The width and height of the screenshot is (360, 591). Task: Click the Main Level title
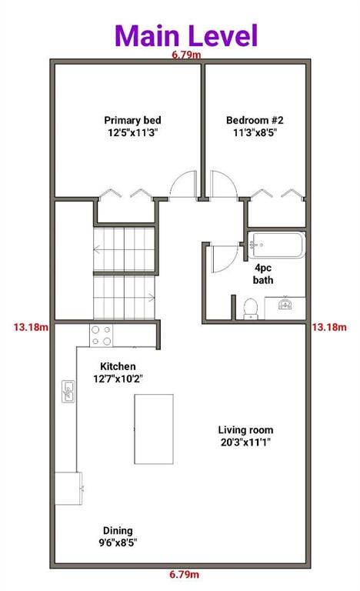pyautogui.click(x=186, y=35)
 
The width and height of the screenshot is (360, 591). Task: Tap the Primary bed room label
pyautogui.click(x=132, y=126)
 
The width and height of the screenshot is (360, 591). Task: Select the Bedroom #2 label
pyautogui.click(x=255, y=126)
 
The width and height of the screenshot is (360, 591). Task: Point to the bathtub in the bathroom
pyautogui.click(x=277, y=245)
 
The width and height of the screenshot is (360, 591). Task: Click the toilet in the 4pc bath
pyautogui.click(x=251, y=309)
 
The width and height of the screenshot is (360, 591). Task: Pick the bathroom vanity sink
pyautogui.click(x=285, y=304)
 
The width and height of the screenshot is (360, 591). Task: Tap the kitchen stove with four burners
pyautogui.click(x=101, y=336)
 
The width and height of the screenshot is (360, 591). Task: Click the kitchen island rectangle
pyautogui.click(x=154, y=429)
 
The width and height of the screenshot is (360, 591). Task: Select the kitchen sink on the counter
pyautogui.click(x=68, y=392)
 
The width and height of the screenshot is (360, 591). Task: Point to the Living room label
pyautogui.click(x=246, y=436)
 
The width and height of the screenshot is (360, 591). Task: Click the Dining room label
pyautogui.click(x=118, y=536)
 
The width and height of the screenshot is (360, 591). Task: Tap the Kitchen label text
pyautogui.click(x=118, y=372)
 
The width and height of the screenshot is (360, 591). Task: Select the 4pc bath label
pyautogui.click(x=263, y=274)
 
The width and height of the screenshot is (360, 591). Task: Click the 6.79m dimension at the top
pyautogui.click(x=186, y=55)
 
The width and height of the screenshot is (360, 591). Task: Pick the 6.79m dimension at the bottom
pyautogui.click(x=184, y=574)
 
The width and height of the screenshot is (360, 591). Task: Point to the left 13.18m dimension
pyautogui.click(x=31, y=327)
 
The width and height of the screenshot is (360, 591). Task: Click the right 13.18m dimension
pyautogui.click(x=329, y=327)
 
